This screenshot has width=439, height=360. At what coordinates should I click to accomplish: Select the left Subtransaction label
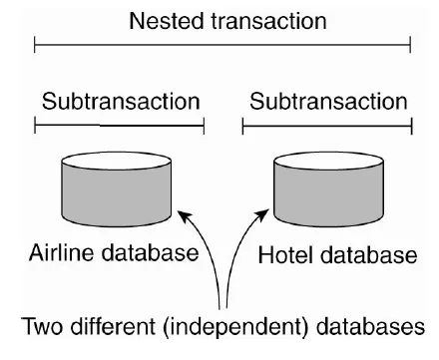point(120,101)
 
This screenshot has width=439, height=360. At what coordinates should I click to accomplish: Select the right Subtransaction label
point(328,101)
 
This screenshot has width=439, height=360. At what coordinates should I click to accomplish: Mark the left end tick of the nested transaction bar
point(35,44)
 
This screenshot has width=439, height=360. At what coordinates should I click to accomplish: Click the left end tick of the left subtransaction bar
point(35,127)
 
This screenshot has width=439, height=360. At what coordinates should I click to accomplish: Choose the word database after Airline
point(152,253)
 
